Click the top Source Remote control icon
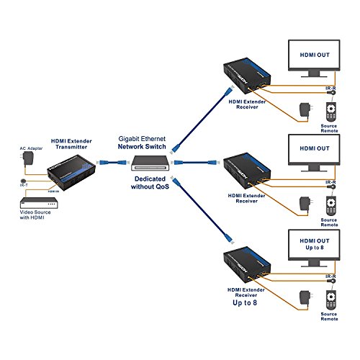330,113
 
